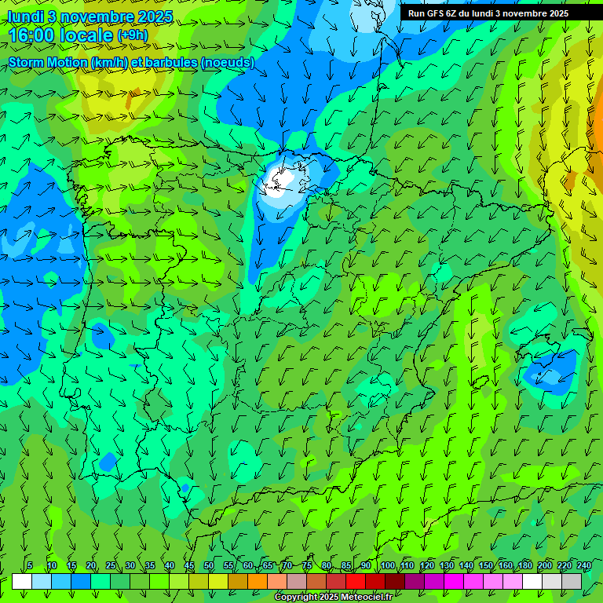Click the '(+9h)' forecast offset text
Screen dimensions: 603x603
[132, 35]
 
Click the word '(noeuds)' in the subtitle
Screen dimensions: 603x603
[227, 62]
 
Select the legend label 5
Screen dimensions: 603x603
[30, 566]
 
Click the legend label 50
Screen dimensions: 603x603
[208, 566]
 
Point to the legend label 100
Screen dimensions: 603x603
[388, 566]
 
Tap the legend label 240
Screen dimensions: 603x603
[584, 566]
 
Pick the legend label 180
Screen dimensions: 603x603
[525, 566]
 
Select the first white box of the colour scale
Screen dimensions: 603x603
[22, 581]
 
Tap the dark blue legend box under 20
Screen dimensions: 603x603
[81, 581]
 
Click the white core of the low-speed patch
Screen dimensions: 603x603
[283, 179]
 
